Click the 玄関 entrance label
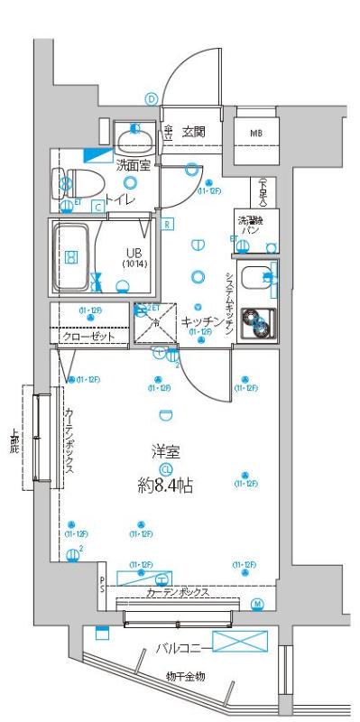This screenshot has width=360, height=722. (x=193, y=132)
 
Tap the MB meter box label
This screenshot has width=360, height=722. (x=257, y=133)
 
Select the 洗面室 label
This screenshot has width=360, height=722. (x=134, y=163)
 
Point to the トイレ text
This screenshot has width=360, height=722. (x=120, y=199)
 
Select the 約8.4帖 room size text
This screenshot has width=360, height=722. (x=165, y=486)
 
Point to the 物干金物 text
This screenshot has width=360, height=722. (x=184, y=676)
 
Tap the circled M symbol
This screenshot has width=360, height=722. (x=256, y=603)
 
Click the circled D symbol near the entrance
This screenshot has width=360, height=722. (x=152, y=99)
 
